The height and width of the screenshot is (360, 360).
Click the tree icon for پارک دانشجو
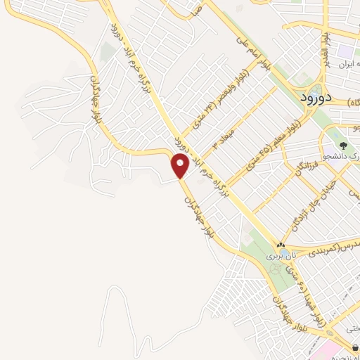[x=344, y=146]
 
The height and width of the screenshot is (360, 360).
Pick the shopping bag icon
[x=356, y=347]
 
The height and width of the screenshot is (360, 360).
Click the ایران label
[x=344, y=64]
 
